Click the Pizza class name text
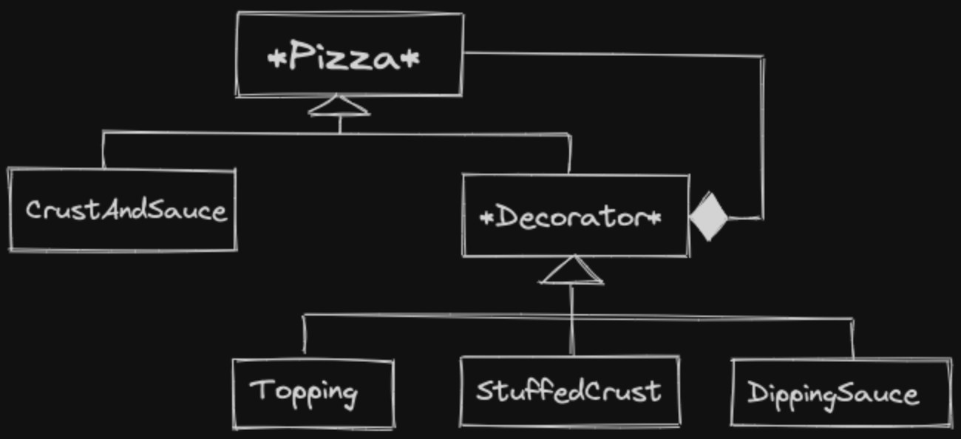tap(344, 57)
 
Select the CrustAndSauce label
tap(126, 211)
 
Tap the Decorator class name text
tap(571, 218)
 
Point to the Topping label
tap(304, 391)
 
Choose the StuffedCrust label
tap(568, 391)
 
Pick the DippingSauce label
tap(833, 393)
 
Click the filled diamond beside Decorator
tap(708, 217)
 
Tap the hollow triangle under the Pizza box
tap(339, 107)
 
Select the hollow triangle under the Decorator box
tap(572, 272)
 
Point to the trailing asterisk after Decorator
tap(655, 218)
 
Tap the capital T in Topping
tap(259, 389)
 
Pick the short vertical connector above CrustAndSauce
tap(103, 151)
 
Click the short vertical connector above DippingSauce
tap(852, 339)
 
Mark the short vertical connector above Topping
tap(305, 336)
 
